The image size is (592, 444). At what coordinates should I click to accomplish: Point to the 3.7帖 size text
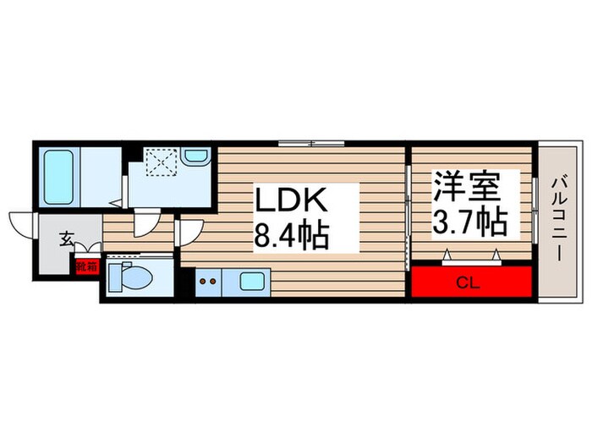click(x=470, y=221)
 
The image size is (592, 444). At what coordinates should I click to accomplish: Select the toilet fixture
click(x=133, y=276)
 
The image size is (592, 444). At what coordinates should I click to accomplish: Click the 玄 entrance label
click(x=67, y=238)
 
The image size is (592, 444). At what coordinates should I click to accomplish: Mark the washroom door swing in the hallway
click(x=146, y=222)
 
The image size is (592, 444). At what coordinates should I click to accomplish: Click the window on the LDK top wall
click(x=311, y=142)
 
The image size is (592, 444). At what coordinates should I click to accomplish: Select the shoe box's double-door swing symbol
click(x=88, y=251)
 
